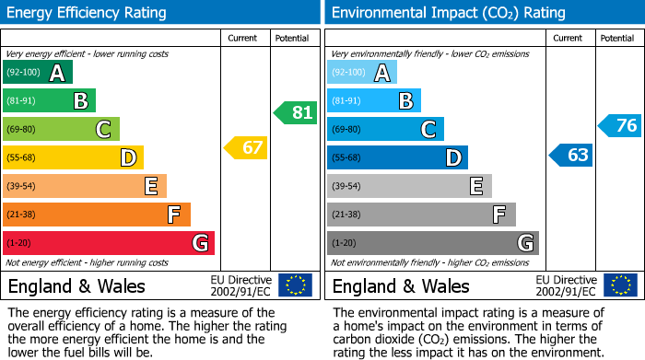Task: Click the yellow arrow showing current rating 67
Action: (x=246, y=147)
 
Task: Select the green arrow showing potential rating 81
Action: (x=296, y=113)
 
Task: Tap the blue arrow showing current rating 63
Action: (x=571, y=155)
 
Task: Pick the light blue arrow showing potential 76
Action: (x=620, y=125)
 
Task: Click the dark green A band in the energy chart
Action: (x=38, y=73)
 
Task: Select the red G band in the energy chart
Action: (x=109, y=243)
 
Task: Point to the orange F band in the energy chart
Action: (x=97, y=215)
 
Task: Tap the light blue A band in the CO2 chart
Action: (x=362, y=73)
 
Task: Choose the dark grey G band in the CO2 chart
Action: (x=432, y=243)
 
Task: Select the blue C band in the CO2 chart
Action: (x=385, y=129)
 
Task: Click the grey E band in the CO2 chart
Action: (x=409, y=186)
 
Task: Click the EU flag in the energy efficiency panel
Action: (x=295, y=285)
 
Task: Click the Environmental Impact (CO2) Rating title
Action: (x=448, y=13)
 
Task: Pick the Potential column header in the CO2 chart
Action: (x=617, y=38)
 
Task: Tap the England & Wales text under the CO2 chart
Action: (x=400, y=286)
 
